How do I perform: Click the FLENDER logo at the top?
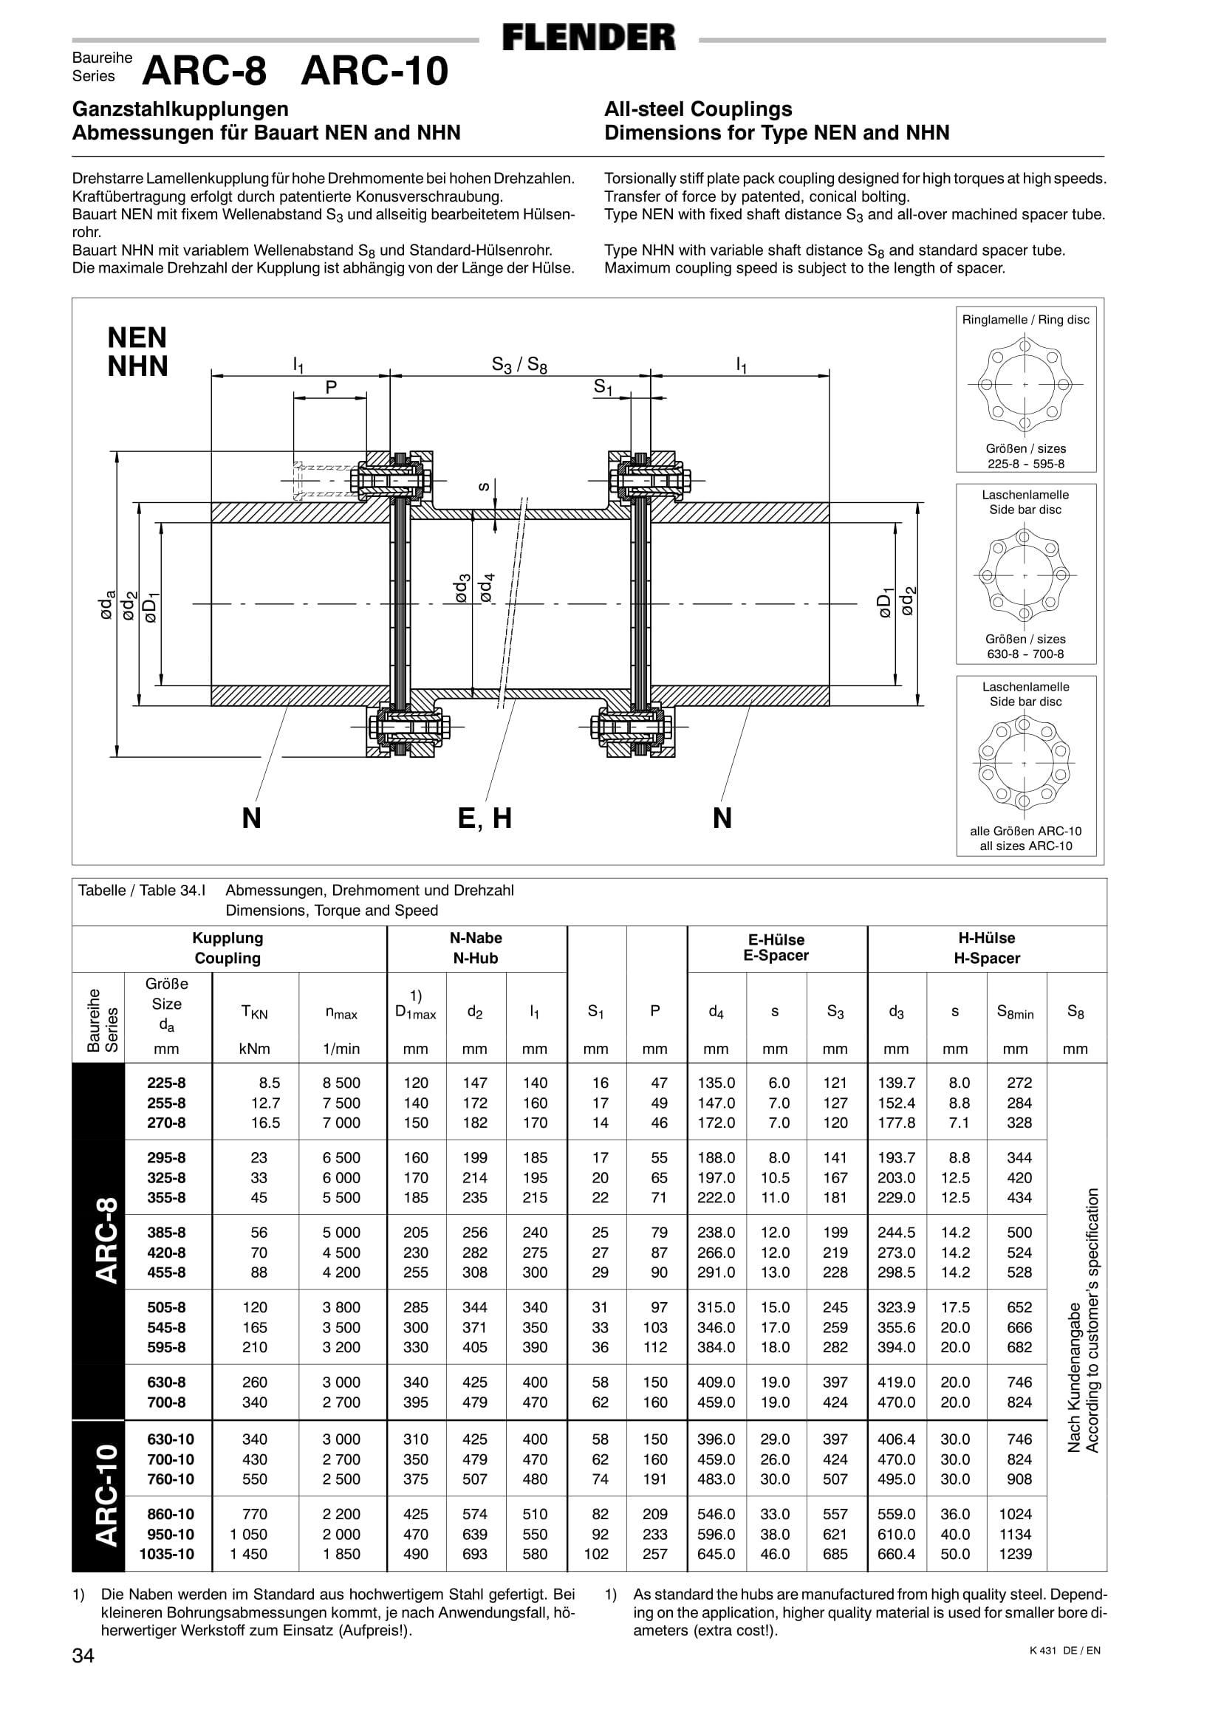click(589, 38)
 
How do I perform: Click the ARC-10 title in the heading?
click(374, 72)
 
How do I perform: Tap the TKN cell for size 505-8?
click(255, 1307)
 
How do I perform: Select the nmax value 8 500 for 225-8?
click(341, 1083)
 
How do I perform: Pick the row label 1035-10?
click(166, 1554)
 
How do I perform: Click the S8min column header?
click(1015, 1013)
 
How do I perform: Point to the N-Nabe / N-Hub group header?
click(476, 948)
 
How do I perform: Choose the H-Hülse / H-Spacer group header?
click(986, 948)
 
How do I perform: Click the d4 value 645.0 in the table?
click(716, 1554)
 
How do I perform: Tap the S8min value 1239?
click(1015, 1554)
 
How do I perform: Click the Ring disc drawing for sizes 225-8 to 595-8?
click(1025, 385)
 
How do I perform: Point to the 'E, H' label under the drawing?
click(485, 818)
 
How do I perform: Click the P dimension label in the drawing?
click(331, 387)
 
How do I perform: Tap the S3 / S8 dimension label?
click(519, 366)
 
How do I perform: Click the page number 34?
click(83, 1655)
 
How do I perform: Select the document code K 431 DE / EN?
click(1064, 1651)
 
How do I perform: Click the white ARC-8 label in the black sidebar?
click(106, 1240)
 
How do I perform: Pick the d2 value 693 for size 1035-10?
click(474, 1554)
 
